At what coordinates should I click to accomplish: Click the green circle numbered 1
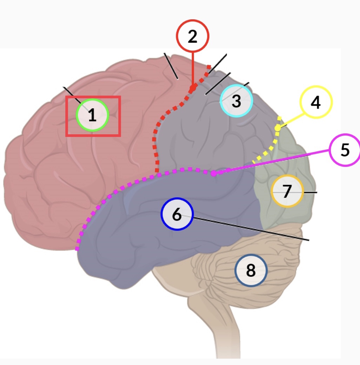pyautogui.click(x=92, y=115)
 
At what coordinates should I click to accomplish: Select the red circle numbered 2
pyautogui.click(x=193, y=36)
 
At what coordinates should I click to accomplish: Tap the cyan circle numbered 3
pyautogui.click(x=236, y=101)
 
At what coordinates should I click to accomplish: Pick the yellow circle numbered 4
pyautogui.click(x=315, y=102)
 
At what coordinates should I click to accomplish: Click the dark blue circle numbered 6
pyautogui.click(x=177, y=214)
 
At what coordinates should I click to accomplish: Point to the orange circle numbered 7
pyautogui.click(x=287, y=191)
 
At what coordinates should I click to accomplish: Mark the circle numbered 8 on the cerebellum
pyautogui.click(x=251, y=271)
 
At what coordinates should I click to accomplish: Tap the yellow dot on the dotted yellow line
pyautogui.click(x=278, y=128)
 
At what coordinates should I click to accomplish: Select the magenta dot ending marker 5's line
pyautogui.click(x=213, y=173)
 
